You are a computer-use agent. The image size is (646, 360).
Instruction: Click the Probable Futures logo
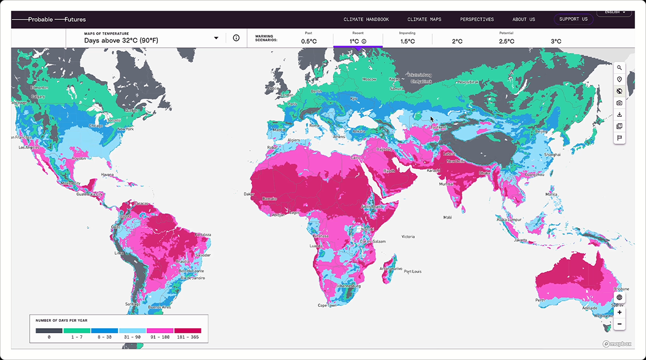pos(49,19)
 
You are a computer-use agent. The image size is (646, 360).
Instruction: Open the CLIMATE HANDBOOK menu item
pos(366,19)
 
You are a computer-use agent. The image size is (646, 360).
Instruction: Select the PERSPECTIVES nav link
pos(476,19)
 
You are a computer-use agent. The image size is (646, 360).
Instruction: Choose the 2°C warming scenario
pos(457,41)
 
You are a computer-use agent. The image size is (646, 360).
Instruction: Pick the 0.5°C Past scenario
pos(308,41)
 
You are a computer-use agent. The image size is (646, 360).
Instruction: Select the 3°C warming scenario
pos(556,41)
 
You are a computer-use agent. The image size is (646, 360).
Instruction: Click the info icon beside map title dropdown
pos(236,38)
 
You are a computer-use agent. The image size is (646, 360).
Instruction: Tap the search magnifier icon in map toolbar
pos(620,68)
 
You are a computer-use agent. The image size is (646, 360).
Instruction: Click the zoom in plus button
pos(620,313)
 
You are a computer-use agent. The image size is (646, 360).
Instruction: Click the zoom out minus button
pos(620,324)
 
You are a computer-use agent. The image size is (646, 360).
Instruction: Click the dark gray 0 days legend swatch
pos(49,330)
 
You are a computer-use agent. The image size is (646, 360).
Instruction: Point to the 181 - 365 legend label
pos(187,337)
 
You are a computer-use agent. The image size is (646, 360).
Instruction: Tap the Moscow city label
pos(369,79)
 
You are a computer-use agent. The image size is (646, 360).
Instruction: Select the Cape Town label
pos(327,306)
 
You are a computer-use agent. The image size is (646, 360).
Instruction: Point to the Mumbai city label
pos(446,184)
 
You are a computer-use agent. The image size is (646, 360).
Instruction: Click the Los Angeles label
pos(30,147)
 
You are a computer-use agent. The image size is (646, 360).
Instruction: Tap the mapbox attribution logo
pos(617,343)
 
